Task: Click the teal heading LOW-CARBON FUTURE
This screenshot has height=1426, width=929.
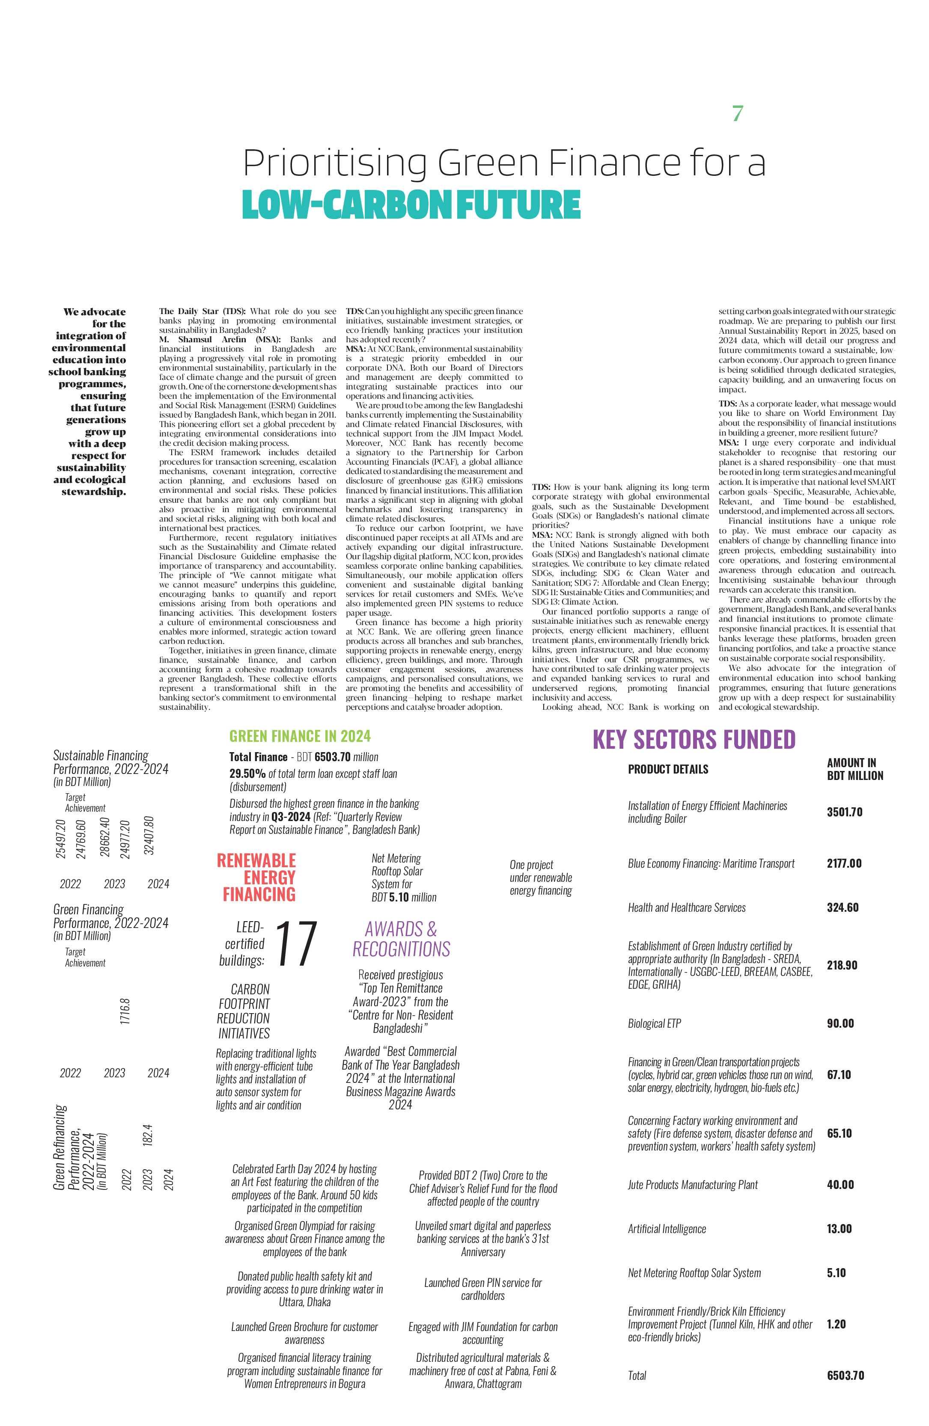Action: [x=411, y=205]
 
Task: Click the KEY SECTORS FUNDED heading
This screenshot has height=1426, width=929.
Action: [x=694, y=739]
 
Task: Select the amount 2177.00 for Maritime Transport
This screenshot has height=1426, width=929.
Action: [x=844, y=863]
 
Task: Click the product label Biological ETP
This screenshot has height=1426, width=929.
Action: [x=655, y=1023]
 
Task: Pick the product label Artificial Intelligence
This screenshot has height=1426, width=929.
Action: [x=667, y=1229]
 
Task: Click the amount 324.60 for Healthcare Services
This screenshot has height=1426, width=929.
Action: [x=842, y=908]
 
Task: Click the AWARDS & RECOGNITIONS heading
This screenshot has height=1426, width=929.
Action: [x=401, y=939]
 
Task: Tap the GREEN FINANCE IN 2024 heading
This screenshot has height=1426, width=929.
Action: [x=300, y=736]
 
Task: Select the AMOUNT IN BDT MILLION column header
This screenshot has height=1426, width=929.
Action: [x=855, y=769]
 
